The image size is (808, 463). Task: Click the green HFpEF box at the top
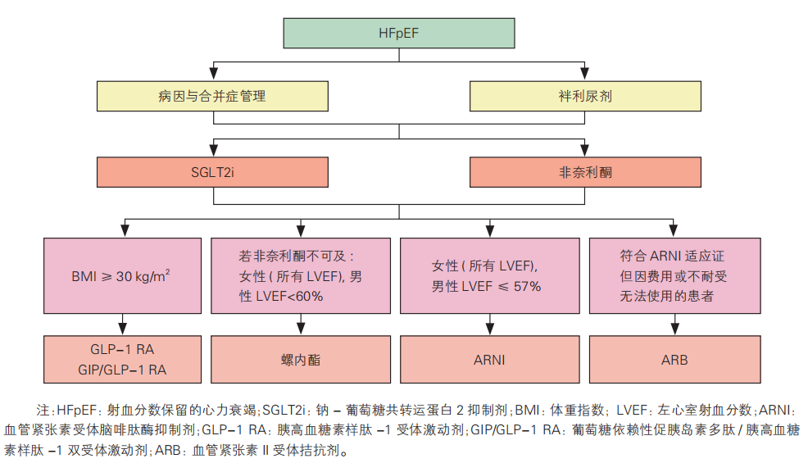pyautogui.click(x=399, y=33)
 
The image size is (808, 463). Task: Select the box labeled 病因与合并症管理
pyautogui.click(x=212, y=96)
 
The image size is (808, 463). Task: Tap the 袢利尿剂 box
pyautogui.click(x=585, y=96)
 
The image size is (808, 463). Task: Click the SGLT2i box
pyautogui.click(x=212, y=172)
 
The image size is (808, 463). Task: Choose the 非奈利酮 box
pyautogui.click(x=585, y=172)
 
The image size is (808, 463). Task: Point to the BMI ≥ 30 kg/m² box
pyautogui.click(x=122, y=275)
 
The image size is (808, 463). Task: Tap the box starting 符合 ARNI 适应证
pyautogui.click(x=674, y=275)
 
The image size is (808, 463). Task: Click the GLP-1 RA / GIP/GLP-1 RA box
pyautogui.click(x=122, y=359)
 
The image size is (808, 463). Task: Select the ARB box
pyautogui.click(x=674, y=359)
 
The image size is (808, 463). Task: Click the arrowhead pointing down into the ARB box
pyautogui.click(x=674, y=328)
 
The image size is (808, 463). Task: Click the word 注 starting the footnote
pyautogui.click(x=43, y=409)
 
